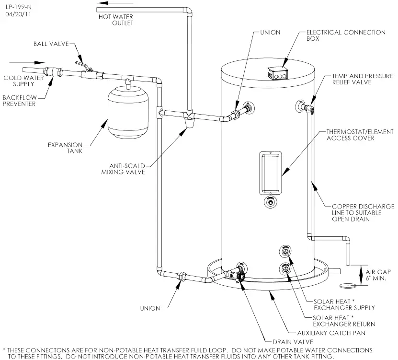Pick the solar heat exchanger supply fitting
pos(285,252)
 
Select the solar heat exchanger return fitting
pos(285,268)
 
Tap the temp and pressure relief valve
pos(307,107)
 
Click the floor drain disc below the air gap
pos(348,286)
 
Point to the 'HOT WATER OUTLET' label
pos(115,20)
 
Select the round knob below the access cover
pos(271,202)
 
